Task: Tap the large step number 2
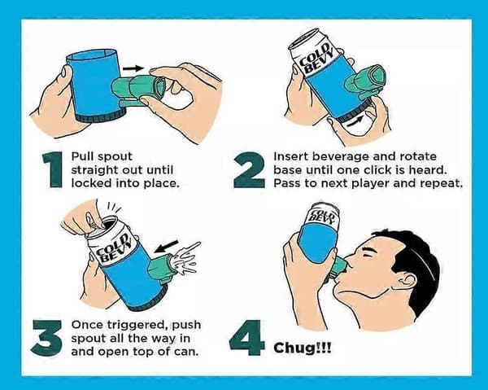[249, 169]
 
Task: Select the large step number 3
[46, 338]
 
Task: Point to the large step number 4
[246, 338]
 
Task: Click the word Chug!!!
[303, 348]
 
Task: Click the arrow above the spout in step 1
[133, 68]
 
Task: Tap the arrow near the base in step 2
[355, 121]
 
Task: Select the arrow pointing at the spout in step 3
[167, 246]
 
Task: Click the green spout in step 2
[366, 81]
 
